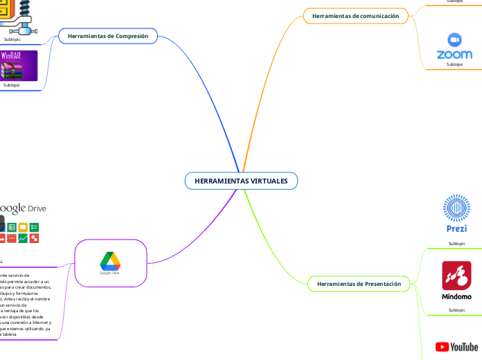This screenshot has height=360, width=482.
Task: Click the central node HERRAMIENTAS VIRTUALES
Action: [x=241, y=181]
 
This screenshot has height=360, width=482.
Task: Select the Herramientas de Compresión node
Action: [x=108, y=35]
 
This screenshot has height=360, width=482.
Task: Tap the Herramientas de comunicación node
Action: [x=355, y=15]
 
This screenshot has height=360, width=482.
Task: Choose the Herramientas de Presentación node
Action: [x=359, y=284]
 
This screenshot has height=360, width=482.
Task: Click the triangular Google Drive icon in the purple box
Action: [x=110, y=261]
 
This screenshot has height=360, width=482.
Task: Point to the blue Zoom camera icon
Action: [x=455, y=39]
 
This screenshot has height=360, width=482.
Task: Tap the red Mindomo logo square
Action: [x=456, y=276]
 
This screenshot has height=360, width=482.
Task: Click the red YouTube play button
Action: [x=441, y=346]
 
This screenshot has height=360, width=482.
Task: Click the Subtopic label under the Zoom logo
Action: [x=455, y=64]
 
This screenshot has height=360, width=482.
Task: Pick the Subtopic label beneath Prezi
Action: [x=456, y=244]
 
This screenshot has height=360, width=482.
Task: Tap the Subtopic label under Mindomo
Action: [x=456, y=309]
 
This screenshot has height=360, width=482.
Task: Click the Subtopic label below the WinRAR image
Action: [x=12, y=85]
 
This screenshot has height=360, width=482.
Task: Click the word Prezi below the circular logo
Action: [x=456, y=228]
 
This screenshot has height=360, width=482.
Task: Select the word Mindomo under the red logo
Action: [x=456, y=296]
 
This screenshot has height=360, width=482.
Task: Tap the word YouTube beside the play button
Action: [x=464, y=346]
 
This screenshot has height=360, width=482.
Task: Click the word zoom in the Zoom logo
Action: [x=455, y=54]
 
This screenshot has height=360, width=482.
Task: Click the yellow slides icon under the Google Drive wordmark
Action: [x=23, y=227]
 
